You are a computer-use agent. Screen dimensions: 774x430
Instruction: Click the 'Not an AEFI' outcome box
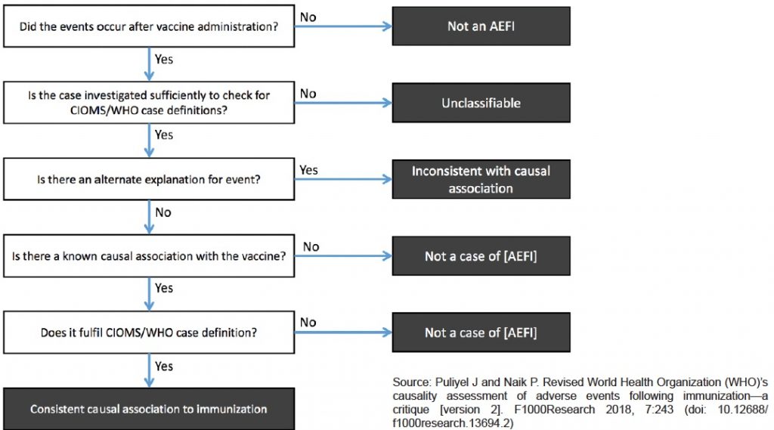pyautogui.click(x=481, y=26)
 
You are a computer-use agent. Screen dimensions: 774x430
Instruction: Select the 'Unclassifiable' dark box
pyautogui.click(x=481, y=103)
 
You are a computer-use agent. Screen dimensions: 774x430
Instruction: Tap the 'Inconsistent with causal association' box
pyautogui.click(x=481, y=179)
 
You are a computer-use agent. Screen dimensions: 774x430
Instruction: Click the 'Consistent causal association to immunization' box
pyautogui.click(x=149, y=409)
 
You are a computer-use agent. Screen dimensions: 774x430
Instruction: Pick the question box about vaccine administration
pyautogui.click(x=149, y=26)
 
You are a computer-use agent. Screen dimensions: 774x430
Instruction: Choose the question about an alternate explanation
pyautogui.click(x=149, y=179)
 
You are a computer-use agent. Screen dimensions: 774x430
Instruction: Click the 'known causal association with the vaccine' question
pyautogui.click(x=149, y=255)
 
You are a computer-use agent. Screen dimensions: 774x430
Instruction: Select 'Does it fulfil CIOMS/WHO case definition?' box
pyautogui.click(x=149, y=333)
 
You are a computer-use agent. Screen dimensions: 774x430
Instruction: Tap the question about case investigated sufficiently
pyautogui.click(x=149, y=103)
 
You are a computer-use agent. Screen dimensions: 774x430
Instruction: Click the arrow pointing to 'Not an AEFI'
pyautogui.click(x=344, y=26)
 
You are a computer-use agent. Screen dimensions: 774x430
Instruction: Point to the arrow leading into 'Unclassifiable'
pyautogui.click(x=344, y=103)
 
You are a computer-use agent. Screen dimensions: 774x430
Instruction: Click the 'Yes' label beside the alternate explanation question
pyautogui.click(x=308, y=170)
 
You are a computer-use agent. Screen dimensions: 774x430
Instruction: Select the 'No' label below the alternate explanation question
pyautogui.click(x=163, y=212)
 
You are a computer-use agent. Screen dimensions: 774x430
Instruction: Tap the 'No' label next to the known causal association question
pyautogui.click(x=311, y=246)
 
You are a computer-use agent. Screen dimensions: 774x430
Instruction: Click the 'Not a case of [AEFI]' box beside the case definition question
pyautogui.click(x=481, y=333)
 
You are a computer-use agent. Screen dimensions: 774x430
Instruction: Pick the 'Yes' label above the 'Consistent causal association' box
pyautogui.click(x=164, y=367)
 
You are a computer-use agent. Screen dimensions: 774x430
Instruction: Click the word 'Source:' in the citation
pyautogui.click(x=412, y=382)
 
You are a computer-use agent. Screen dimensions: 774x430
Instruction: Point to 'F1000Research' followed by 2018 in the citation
pyautogui.click(x=554, y=410)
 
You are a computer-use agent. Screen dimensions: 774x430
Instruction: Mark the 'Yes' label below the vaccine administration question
pyautogui.click(x=164, y=59)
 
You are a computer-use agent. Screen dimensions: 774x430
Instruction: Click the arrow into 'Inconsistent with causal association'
pyautogui.click(x=344, y=179)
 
